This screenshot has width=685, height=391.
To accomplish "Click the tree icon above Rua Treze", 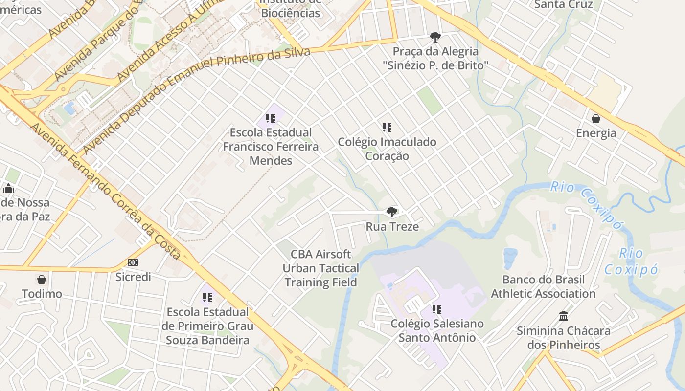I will point(391,212).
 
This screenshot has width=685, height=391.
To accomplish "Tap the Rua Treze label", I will point(392,227).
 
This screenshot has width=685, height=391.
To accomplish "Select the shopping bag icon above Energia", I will point(596,119).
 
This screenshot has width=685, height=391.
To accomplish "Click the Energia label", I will point(596,133).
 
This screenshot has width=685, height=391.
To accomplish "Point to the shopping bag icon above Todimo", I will point(42,280).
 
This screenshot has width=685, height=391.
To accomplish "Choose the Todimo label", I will point(42,294).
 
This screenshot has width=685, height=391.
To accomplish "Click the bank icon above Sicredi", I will point(133,262).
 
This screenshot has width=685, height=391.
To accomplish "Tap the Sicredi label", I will point(133,277).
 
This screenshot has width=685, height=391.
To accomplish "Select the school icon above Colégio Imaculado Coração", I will point(387,128).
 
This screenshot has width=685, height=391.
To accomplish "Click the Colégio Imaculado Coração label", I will point(387,149).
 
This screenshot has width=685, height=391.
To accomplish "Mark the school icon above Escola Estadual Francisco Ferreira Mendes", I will point(271,118).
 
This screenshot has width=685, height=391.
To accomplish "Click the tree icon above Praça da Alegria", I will point(435,37).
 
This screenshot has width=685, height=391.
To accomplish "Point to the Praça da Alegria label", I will point(435,58).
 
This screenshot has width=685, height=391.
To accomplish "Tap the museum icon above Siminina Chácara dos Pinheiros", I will point(564,316).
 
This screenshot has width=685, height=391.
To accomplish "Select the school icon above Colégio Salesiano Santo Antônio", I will point(437,309).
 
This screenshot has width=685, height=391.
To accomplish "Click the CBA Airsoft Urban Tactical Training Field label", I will point(321,268).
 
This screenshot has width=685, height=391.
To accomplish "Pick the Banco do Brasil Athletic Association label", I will point(543,287).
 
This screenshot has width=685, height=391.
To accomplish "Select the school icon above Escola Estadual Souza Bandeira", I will point(207,297).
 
